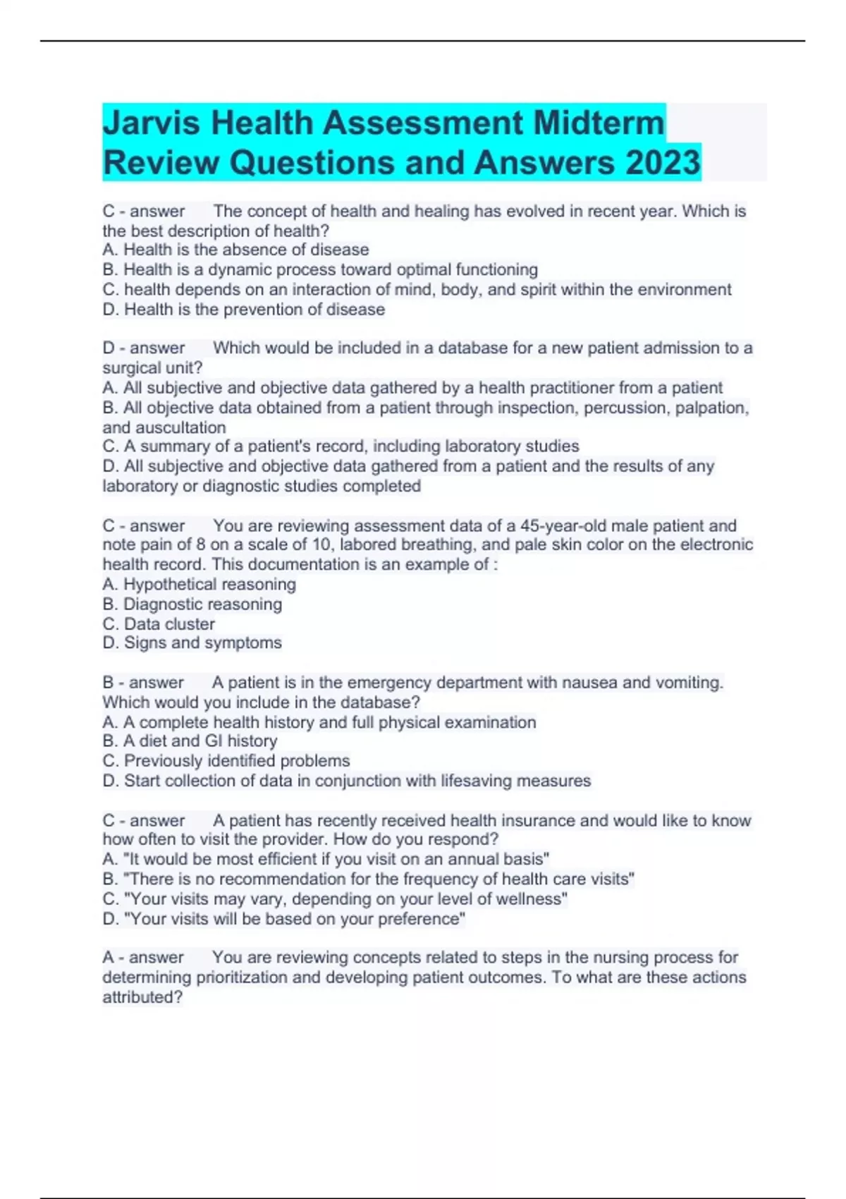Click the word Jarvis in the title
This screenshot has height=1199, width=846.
(x=152, y=123)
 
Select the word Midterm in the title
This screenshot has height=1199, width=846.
(x=599, y=123)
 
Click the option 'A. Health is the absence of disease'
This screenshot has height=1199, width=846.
(x=235, y=250)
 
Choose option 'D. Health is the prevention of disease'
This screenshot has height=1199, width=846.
(x=243, y=310)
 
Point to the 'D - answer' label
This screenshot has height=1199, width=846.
(x=143, y=348)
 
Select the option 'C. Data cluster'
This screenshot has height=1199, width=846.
(x=159, y=624)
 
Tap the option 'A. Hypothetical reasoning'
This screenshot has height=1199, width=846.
(x=199, y=584)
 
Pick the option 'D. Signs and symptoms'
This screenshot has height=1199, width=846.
(x=192, y=643)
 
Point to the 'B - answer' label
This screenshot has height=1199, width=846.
(x=142, y=683)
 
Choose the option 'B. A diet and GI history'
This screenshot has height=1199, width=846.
(x=190, y=741)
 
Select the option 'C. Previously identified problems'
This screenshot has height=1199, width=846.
(x=226, y=761)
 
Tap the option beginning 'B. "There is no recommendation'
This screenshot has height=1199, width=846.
(x=368, y=880)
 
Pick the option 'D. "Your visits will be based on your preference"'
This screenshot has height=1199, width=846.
(x=283, y=919)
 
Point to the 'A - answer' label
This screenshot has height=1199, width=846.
(x=142, y=957)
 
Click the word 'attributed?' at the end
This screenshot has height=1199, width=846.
(x=142, y=997)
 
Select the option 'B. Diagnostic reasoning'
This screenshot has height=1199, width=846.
(x=192, y=604)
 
